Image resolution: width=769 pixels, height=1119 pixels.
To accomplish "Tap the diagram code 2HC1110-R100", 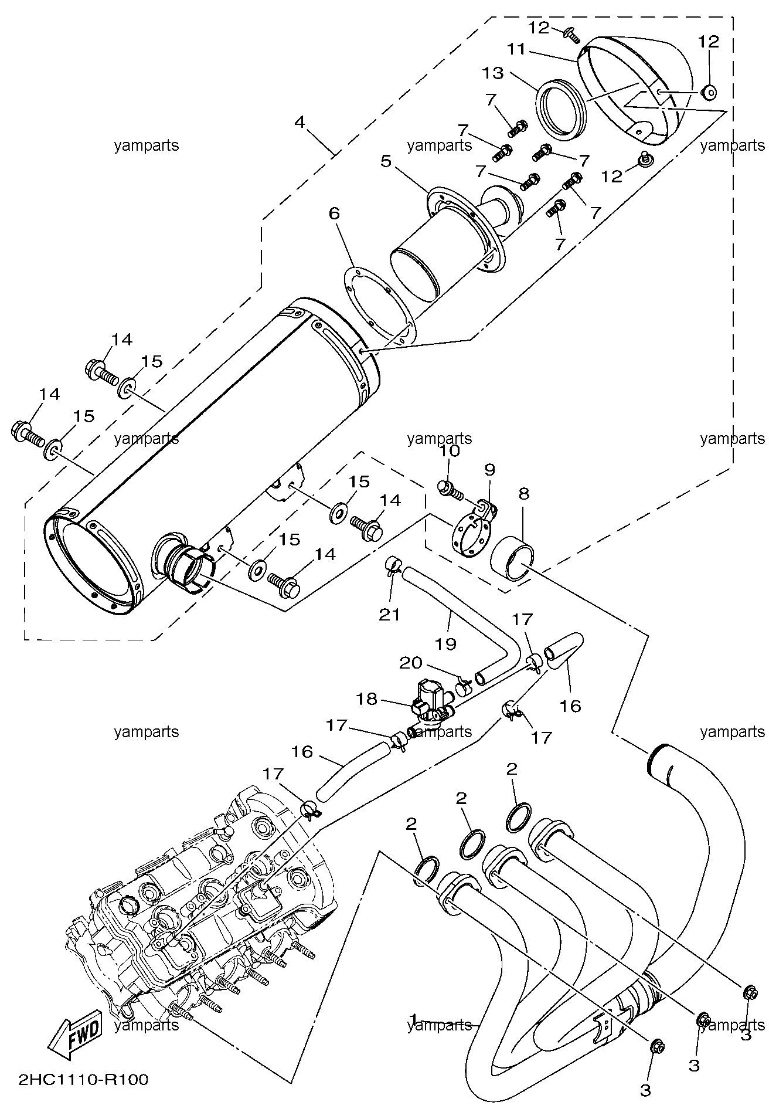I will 83,1079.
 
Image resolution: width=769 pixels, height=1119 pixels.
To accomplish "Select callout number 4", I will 300,122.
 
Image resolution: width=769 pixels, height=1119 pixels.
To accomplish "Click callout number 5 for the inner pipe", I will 385,161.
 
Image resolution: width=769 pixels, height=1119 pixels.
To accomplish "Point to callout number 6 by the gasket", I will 334,213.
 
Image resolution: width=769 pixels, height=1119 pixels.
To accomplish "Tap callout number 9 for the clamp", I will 489,469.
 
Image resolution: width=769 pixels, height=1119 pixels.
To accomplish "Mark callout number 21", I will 390,614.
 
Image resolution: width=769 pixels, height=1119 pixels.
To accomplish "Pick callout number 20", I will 410,663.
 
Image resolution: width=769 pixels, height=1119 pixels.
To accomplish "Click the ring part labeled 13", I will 562,110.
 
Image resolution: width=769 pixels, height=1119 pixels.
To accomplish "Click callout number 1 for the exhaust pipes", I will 414,1018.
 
